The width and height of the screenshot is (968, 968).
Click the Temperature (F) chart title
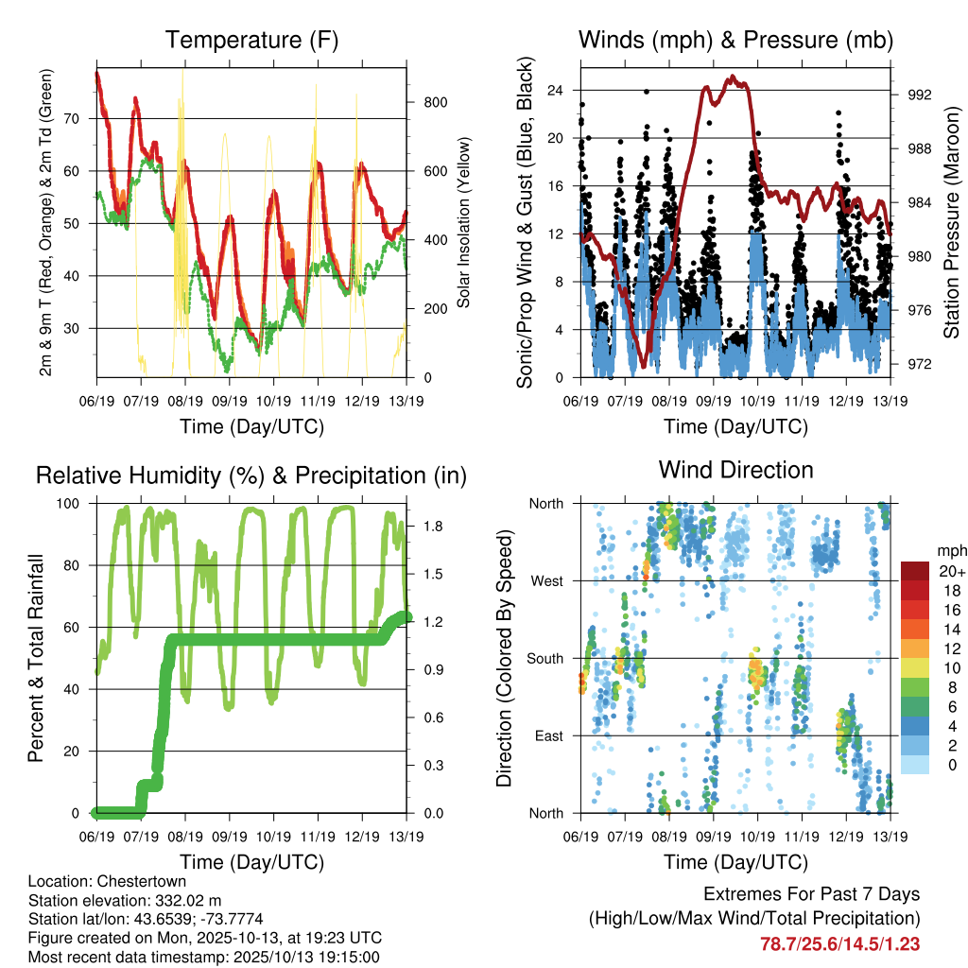(251, 41)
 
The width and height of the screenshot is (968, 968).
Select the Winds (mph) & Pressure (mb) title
(735, 41)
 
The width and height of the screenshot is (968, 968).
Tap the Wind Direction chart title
(735, 470)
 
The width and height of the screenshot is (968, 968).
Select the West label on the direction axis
(546, 580)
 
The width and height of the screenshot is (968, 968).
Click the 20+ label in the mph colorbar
(950, 571)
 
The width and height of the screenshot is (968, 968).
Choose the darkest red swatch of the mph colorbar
(915, 571)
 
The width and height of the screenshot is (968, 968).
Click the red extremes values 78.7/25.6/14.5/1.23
(839, 943)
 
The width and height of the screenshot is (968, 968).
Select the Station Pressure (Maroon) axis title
(952, 222)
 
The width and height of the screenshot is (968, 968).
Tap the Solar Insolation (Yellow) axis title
(463, 222)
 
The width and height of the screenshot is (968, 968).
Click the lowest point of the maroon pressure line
(644, 366)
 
